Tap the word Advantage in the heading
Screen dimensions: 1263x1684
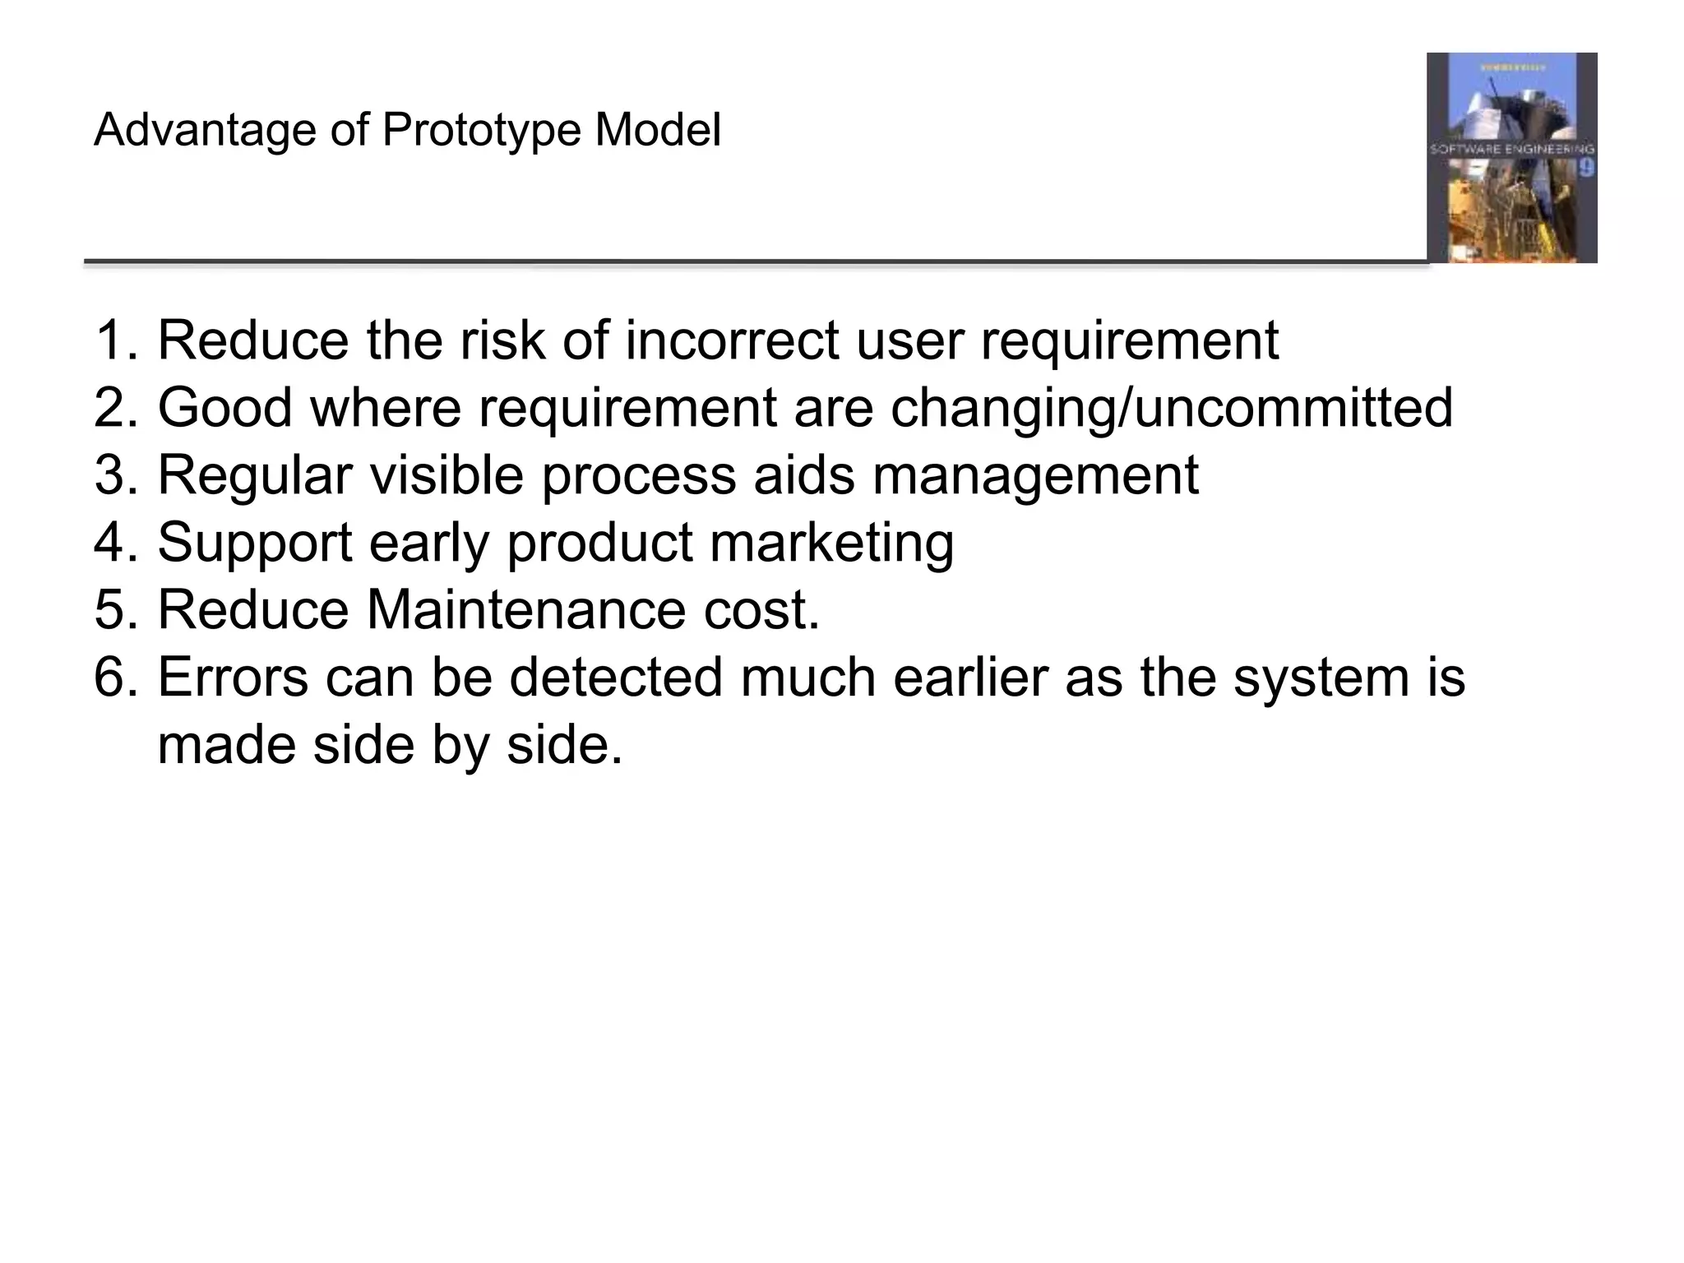coord(205,131)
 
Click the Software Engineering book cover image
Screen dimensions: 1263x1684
coord(1511,158)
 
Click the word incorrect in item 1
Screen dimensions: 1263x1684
coord(732,340)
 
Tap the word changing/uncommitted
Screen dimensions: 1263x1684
coord(1172,408)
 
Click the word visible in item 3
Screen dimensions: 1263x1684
coord(446,475)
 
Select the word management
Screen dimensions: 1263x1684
coord(1035,475)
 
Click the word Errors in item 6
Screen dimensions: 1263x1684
coord(233,678)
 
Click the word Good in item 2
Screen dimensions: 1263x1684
coord(224,408)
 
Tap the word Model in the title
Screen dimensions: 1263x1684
coord(658,131)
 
